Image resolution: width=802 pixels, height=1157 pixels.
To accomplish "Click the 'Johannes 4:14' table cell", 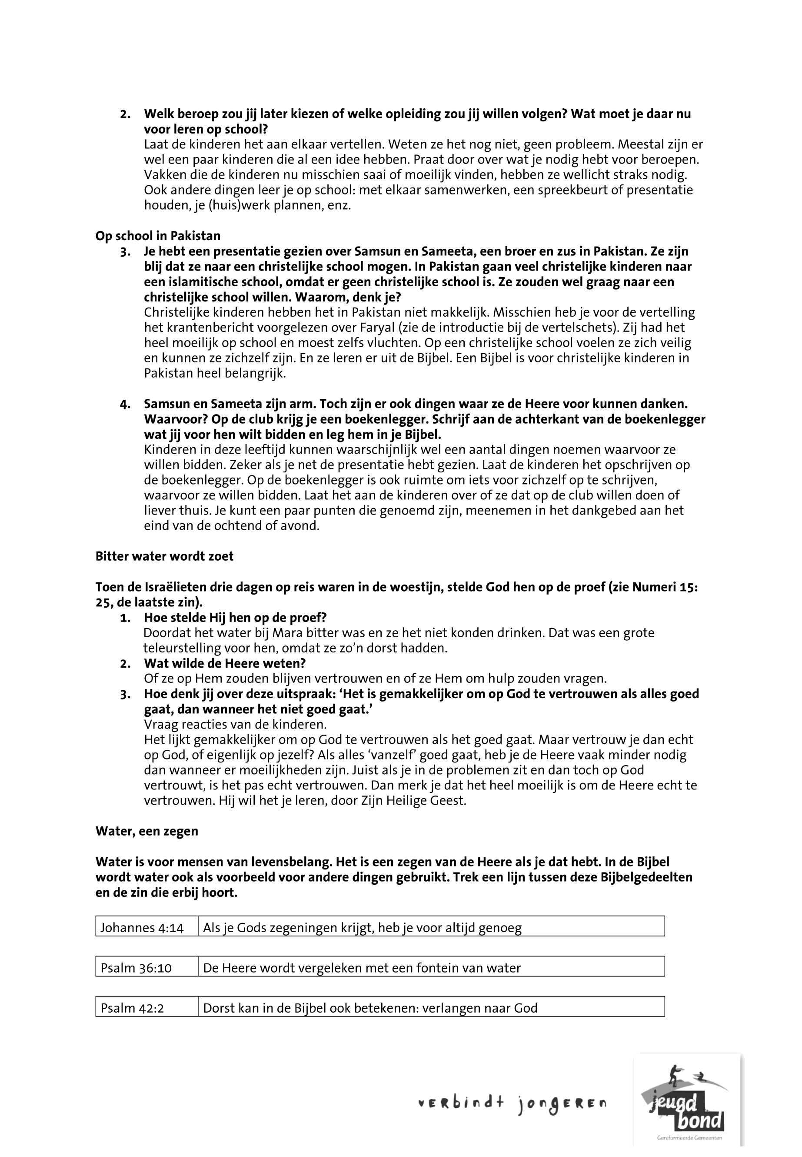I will tap(142, 928).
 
